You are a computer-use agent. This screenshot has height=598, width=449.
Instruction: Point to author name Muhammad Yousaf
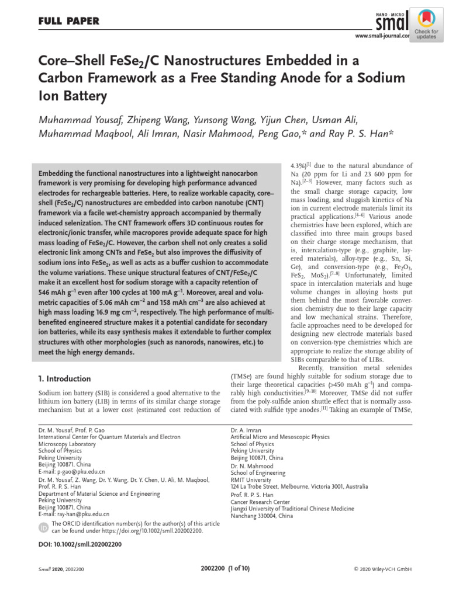tap(80, 120)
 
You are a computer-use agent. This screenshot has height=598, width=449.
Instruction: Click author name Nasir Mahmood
tap(217, 134)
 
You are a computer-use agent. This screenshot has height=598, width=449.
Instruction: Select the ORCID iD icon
tap(43, 527)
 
